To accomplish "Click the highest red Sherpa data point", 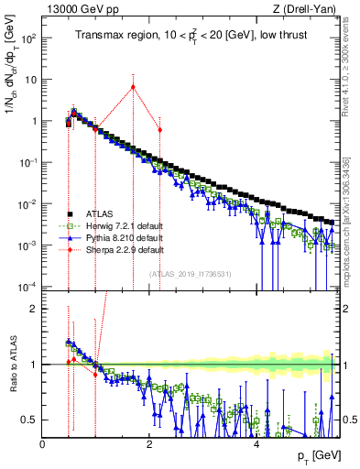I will point(133,87).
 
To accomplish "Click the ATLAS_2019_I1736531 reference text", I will point(190,274).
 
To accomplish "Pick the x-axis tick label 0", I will point(43,444).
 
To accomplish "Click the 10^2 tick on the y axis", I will point(28,38).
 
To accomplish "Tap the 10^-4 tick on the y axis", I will point(27,287).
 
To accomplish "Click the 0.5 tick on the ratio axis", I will point(30,420).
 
